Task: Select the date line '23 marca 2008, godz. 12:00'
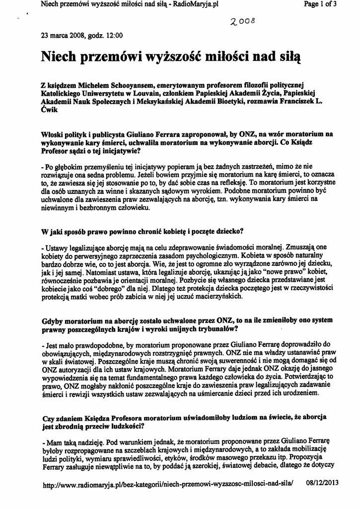[82, 36]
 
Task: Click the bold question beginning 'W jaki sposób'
[143, 231]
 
